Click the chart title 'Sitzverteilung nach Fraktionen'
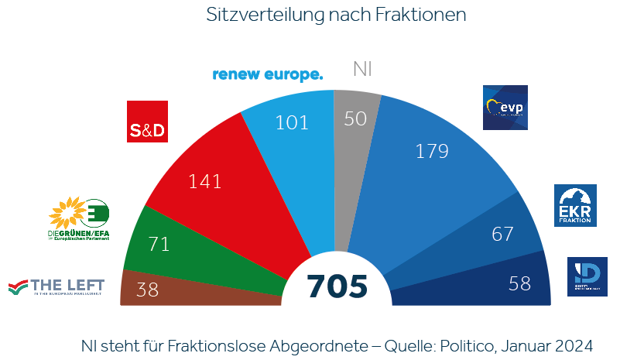(x=336, y=15)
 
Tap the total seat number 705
(x=337, y=286)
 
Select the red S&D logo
(x=147, y=122)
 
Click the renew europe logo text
(x=267, y=74)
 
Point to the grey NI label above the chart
(x=362, y=69)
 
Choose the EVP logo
(x=505, y=108)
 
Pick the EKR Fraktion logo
(x=575, y=206)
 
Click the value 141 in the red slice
(x=205, y=182)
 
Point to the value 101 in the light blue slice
(x=291, y=122)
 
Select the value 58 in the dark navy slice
(x=520, y=283)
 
